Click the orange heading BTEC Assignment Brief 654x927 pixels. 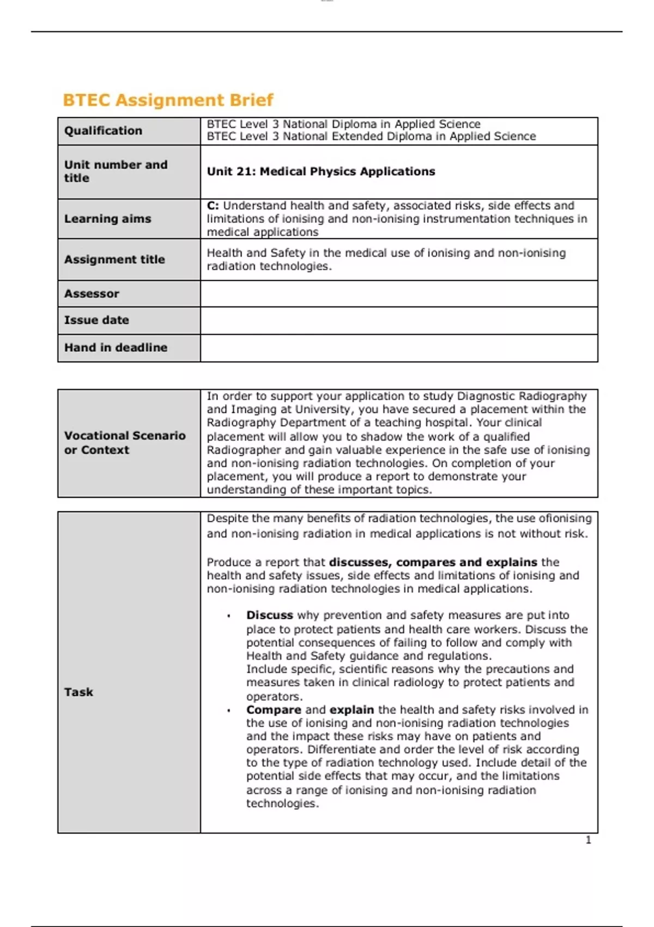[168, 100]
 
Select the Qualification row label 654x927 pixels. [103, 131]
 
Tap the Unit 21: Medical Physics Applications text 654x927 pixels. [320, 172]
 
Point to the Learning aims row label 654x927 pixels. [107, 219]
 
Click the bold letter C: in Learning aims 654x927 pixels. [213, 206]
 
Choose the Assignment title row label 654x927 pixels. [114, 260]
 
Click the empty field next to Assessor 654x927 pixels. [398, 294]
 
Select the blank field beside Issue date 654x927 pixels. [398, 321]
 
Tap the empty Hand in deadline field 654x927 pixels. [398, 348]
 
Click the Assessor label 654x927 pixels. [92, 294]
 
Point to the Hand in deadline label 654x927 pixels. [116, 348]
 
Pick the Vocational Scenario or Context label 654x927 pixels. [124, 443]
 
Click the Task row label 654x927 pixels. [78, 692]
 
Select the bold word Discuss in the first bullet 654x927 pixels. [269, 615]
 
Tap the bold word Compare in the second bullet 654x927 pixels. [273, 710]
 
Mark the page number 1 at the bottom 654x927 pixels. [588, 840]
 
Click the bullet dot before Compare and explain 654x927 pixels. [229, 711]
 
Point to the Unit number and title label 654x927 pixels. [116, 171]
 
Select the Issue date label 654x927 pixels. [96, 321]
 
